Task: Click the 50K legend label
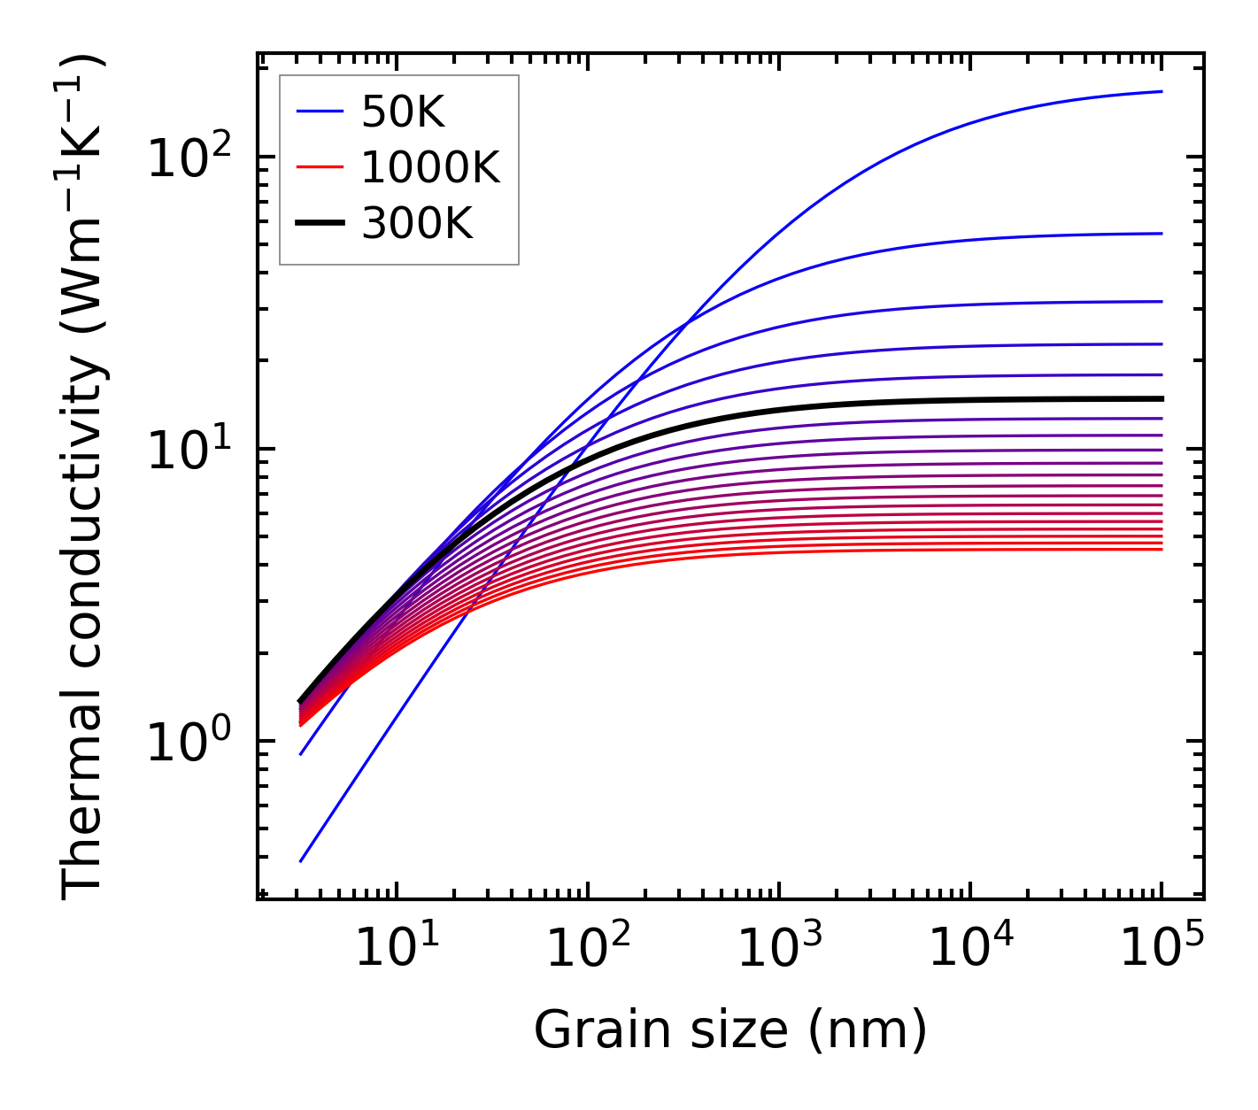403,112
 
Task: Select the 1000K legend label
430,167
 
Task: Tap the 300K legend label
417,224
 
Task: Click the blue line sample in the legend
320,112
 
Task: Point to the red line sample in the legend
320,167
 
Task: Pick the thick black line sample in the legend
320,224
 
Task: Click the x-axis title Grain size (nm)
730,1030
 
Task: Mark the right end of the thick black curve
1162,398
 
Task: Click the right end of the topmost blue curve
1162,91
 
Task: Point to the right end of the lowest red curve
1162,550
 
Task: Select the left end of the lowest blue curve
301,861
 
